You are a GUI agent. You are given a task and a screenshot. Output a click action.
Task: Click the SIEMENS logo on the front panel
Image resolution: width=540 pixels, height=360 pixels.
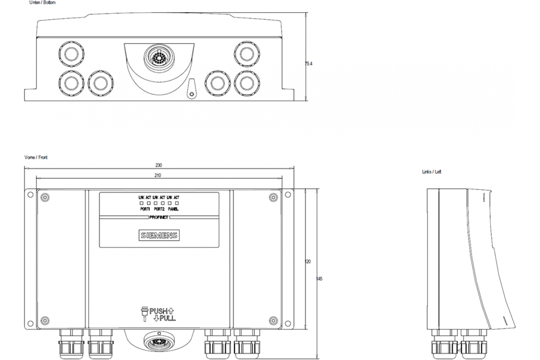159,235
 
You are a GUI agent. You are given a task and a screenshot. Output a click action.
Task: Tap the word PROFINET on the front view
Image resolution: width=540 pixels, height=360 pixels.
159,216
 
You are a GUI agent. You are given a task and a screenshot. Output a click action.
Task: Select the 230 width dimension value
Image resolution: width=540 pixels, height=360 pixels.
159,165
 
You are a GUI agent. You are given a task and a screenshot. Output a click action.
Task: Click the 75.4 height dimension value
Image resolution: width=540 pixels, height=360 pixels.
308,64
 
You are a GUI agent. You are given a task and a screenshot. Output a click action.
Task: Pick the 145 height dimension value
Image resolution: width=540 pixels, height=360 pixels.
319,279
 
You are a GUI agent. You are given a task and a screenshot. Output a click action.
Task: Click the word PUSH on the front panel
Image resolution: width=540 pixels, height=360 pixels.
158,310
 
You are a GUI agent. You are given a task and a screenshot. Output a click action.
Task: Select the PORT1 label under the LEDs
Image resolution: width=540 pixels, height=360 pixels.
145,209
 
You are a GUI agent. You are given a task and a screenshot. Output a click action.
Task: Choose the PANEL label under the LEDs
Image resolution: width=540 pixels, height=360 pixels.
173,209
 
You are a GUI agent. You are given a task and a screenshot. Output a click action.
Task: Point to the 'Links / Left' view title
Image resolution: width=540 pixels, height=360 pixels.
432,172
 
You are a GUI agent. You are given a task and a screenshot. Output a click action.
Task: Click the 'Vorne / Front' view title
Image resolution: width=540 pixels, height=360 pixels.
36,157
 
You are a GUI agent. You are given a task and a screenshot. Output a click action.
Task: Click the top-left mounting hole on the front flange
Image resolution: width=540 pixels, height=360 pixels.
30,195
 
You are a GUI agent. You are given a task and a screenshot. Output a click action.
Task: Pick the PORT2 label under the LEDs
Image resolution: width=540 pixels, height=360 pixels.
159,209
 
